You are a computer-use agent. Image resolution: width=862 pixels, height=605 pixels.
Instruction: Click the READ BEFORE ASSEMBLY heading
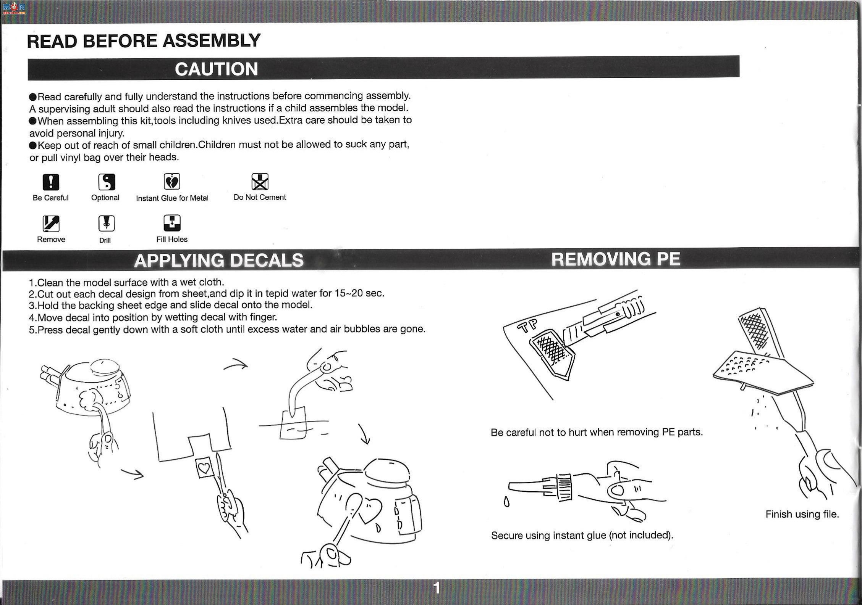point(144,41)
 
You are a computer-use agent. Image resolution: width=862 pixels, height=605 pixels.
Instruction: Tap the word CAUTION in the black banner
point(217,69)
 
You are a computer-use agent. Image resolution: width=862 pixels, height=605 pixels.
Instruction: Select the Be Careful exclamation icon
point(51,182)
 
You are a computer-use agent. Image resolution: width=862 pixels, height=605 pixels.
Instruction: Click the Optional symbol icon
point(107,182)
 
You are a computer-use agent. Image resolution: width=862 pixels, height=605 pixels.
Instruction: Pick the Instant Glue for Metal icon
point(172,182)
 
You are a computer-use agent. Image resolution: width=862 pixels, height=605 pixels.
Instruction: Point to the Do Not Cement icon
point(260,182)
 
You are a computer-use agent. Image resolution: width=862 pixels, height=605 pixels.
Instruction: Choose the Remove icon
point(51,224)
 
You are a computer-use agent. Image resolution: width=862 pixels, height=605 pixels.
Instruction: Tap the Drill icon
point(107,224)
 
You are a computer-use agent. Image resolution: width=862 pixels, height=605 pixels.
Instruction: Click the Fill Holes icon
point(172,223)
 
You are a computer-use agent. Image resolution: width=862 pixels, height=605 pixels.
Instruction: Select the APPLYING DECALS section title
point(219,261)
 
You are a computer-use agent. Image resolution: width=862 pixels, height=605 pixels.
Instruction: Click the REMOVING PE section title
point(616,259)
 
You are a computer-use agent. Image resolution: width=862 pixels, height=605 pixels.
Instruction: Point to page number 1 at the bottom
point(437,588)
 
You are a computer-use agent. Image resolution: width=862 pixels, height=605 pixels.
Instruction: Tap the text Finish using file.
point(802,515)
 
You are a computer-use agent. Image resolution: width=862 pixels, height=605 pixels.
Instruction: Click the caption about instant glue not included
point(582,536)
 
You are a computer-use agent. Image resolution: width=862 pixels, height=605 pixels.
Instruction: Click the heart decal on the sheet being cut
point(204,468)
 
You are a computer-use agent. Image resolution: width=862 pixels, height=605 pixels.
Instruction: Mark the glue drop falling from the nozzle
point(506,502)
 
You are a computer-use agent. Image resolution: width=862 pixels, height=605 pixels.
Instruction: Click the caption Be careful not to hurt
point(597,432)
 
